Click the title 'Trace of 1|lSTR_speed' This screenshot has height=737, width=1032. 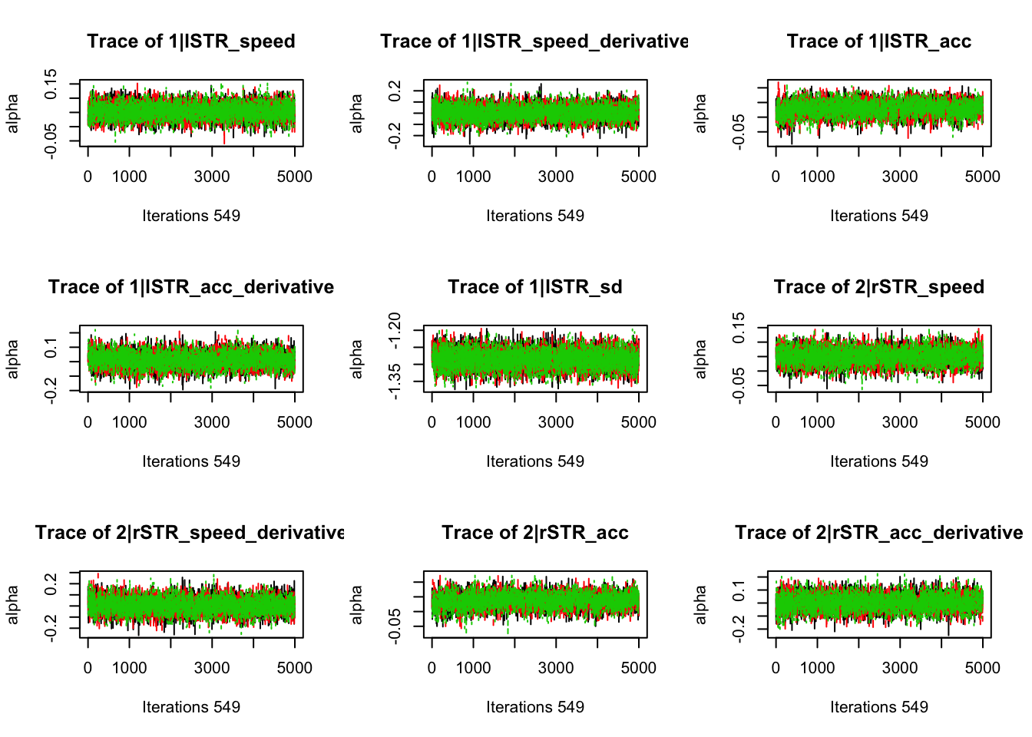190,41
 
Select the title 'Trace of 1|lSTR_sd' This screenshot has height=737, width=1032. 534,287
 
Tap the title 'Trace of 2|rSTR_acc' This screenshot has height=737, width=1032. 534,533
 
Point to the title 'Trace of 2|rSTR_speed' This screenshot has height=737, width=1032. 878,287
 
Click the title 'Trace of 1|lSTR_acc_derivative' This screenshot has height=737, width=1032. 190,287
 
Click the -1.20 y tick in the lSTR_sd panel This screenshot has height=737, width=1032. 394,331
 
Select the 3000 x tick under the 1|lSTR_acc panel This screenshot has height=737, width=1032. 899,177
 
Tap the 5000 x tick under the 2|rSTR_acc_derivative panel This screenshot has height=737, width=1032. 982,668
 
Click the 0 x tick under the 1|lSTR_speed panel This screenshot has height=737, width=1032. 88,177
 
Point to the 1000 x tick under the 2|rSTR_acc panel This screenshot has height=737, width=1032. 473,668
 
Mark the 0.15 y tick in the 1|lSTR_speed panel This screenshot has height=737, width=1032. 51,84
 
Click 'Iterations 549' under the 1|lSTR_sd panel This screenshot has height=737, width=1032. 534,461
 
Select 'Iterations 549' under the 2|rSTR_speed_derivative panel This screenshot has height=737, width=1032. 190,707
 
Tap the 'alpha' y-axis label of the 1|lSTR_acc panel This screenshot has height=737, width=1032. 700,113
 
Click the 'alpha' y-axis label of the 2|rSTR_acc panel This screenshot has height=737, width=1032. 356,604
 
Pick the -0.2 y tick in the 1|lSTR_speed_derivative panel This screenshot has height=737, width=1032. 394,137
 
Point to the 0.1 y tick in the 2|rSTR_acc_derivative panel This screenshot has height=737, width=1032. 739,591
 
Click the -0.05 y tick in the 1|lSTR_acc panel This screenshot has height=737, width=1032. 739,131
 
